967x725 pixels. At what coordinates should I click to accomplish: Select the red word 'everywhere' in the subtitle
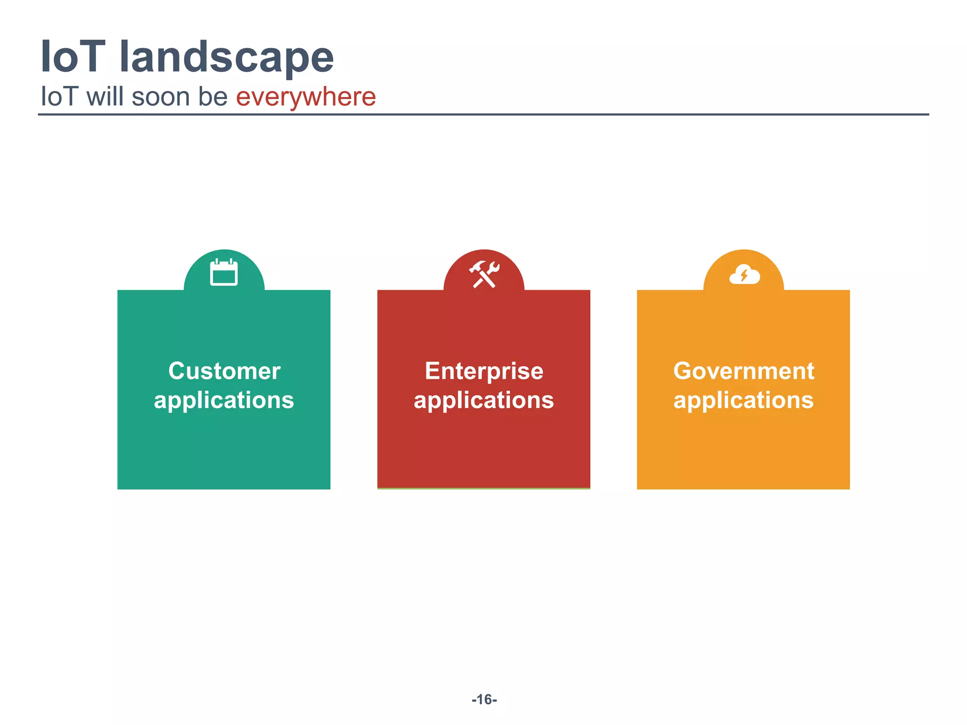pos(305,97)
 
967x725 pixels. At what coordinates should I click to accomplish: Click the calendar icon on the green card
pos(224,272)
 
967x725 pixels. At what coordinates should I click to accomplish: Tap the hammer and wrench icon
pos(484,274)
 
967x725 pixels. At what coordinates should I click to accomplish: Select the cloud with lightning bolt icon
pos(744,274)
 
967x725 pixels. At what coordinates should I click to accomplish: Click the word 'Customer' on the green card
pos(224,371)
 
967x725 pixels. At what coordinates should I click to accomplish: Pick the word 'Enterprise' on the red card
pos(484,371)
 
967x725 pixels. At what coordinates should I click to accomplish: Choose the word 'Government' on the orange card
pos(744,371)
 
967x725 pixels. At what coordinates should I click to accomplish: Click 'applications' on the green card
pos(224,400)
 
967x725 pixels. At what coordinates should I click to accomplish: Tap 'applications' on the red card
pos(483,400)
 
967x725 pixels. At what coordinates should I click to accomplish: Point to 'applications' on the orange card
pos(743,400)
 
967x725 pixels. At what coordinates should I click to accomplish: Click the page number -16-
pos(484,700)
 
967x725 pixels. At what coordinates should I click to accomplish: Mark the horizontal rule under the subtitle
pos(483,114)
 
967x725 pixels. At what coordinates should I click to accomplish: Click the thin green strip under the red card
pos(483,489)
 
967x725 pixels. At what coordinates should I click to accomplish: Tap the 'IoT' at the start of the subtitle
pos(59,97)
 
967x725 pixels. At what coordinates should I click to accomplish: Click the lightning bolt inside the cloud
pos(744,275)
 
